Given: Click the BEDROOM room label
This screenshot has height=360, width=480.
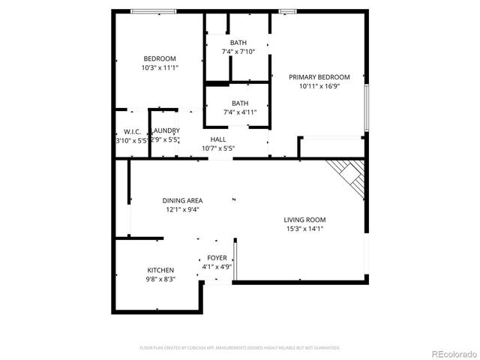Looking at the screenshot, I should coord(160,58).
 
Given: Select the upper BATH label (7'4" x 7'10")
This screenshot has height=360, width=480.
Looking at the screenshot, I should coord(238,43).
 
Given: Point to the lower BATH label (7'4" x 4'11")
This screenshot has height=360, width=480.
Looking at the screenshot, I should coord(239,103).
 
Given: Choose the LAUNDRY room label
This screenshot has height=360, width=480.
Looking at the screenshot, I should coord(165,131).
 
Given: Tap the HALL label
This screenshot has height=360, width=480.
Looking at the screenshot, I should coord(218,139).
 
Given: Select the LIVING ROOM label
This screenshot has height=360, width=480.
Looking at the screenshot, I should coord(304,220).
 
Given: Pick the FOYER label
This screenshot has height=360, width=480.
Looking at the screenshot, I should coord(217,258).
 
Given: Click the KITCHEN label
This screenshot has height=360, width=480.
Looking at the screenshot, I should coord(160,270).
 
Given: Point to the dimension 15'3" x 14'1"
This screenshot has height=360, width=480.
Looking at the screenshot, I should coord(304,229).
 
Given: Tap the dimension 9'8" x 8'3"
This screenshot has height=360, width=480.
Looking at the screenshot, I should coord(160,279).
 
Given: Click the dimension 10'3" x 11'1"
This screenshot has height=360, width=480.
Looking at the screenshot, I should coord(160,67).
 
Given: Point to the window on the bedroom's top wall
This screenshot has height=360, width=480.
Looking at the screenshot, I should coord(154,10).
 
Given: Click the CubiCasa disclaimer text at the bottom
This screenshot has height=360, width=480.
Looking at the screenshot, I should coord(240,348).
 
